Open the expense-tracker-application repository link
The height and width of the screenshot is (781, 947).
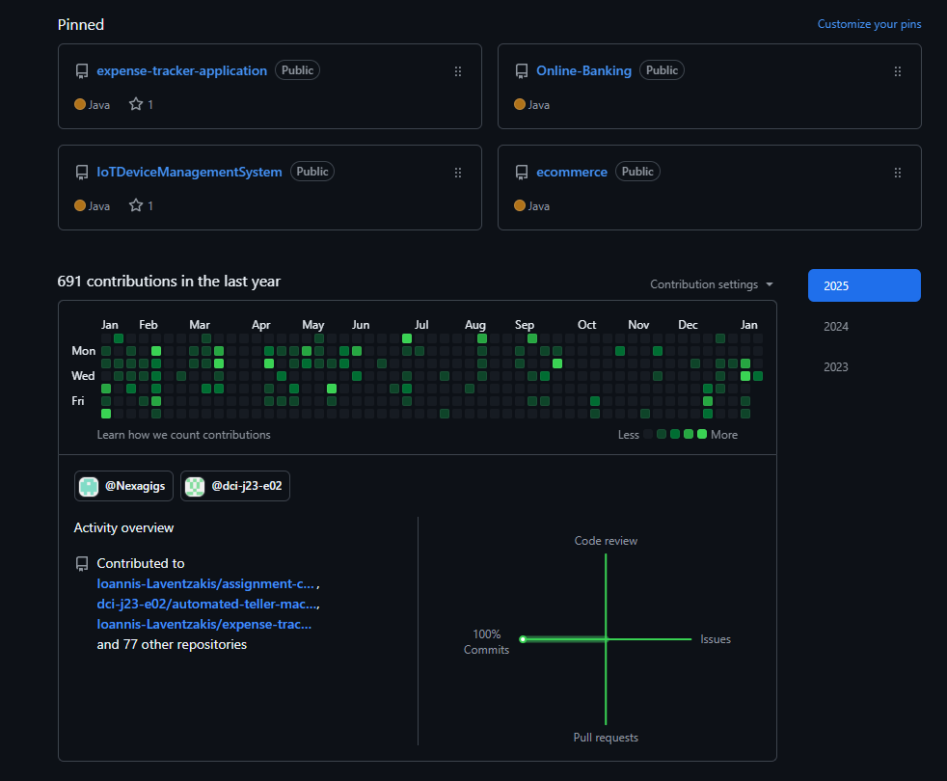pos(181,70)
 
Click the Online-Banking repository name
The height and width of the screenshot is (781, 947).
pos(583,70)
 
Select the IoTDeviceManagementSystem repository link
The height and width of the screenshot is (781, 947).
pos(189,172)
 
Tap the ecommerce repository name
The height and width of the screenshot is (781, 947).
pos(572,172)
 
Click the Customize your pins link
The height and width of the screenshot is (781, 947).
pos(869,24)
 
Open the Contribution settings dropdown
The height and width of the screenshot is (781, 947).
pos(712,284)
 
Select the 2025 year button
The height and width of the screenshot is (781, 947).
pos(864,285)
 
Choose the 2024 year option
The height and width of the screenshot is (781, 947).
pos(836,327)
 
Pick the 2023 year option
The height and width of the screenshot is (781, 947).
pos(836,367)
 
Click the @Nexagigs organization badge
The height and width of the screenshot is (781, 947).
pos(123,486)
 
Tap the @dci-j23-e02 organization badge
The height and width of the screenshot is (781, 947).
pos(236,486)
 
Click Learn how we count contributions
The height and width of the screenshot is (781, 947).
pos(183,435)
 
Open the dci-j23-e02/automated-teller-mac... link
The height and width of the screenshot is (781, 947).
pos(207,604)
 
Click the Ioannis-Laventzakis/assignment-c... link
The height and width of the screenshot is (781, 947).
pos(205,583)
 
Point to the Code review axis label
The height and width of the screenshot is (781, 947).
pos(606,541)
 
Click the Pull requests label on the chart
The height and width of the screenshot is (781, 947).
pos(606,738)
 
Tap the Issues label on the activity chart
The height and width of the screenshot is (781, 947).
pos(716,639)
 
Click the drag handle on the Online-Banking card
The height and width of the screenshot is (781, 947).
pos(898,71)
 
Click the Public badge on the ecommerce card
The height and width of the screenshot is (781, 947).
pos(637,172)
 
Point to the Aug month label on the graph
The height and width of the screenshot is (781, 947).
pos(475,325)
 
